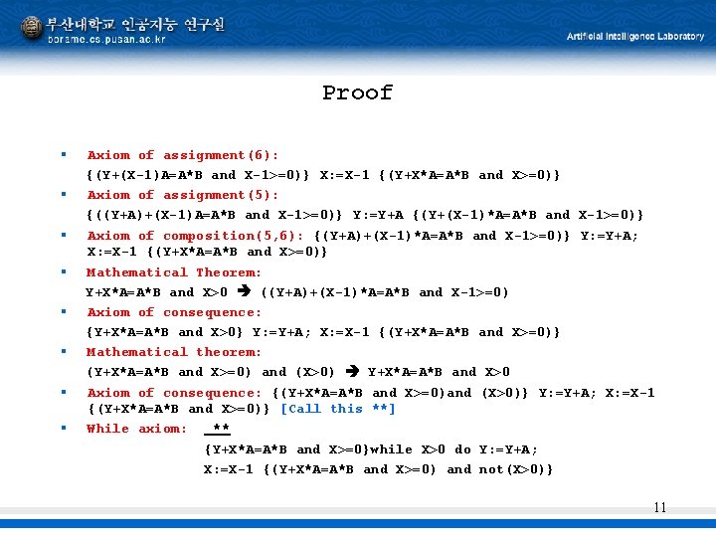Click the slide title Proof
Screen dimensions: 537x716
pos(357,93)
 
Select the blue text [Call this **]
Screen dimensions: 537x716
pos(338,409)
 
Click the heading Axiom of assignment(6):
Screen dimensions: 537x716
pos(182,155)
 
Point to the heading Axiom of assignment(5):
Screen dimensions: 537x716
pos(182,195)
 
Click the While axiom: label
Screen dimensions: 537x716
pos(136,429)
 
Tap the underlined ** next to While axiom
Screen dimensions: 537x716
pos(221,429)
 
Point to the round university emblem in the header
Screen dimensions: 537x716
pos(32,30)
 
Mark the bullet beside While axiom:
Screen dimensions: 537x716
pos(63,429)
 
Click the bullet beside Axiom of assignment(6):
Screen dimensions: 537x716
pos(63,155)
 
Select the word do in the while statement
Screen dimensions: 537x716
pos(462,448)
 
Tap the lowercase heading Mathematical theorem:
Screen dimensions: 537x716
pos(174,352)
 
